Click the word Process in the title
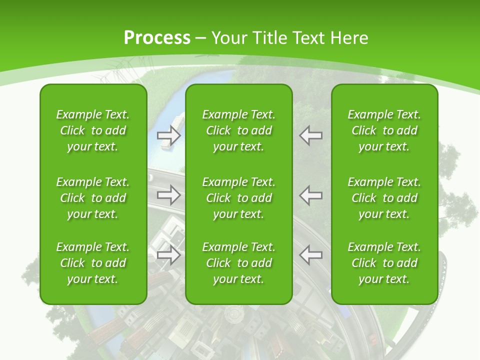[x=157, y=38]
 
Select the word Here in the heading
[x=348, y=38]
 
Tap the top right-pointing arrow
[x=168, y=135]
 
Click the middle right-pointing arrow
[x=168, y=195]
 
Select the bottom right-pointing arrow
[x=168, y=255]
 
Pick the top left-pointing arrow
[x=310, y=135]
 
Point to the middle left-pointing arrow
[x=310, y=195]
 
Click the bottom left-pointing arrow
[x=310, y=255]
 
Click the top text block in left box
[x=93, y=130]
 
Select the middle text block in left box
[x=93, y=198]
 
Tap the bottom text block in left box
[x=93, y=263]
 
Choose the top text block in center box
[x=238, y=130]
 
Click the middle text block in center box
[x=238, y=198]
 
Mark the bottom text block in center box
[x=238, y=263]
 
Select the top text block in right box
[x=384, y=130]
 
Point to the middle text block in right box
[x=384, y=198]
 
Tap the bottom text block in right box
[x=384, y=263]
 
